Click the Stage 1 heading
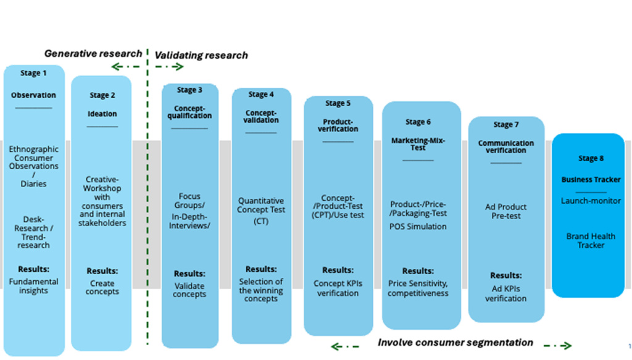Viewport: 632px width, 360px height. tap(33, 73)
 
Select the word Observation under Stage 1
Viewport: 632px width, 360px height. tap(33, 96)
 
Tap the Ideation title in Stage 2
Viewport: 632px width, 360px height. tap(102, 114)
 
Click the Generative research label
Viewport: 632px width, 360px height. tap(93, 54)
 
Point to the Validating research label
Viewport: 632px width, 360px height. tap(201, 56)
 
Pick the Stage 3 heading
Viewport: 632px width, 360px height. tap(189, 90)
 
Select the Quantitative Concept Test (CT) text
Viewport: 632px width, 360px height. tap(261, 211)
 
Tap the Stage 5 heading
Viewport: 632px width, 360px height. tap(338, 103)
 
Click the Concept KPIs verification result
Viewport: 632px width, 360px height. tap(338, 288)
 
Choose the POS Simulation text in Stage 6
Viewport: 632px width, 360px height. tap(418, 227)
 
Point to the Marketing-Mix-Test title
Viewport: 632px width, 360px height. tap(418, 144)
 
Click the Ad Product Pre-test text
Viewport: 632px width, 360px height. tap(506, 211)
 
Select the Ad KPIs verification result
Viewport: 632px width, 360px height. tap(506, 294)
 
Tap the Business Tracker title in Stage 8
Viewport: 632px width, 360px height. tap(591, 180)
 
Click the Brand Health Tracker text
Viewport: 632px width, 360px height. tap(591, 241)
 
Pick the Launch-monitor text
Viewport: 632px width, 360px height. tap(591, 201)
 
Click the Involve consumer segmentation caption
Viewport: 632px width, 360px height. tap(455, 342)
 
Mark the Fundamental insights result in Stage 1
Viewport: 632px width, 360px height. tap(33, 286)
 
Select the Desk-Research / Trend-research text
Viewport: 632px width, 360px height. tap(33, 232)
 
